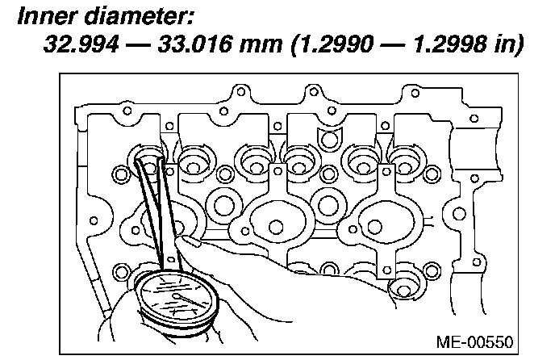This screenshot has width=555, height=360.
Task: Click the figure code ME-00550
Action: (x=474, y=342)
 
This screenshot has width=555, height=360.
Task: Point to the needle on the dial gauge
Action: (x=190, y=300)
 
